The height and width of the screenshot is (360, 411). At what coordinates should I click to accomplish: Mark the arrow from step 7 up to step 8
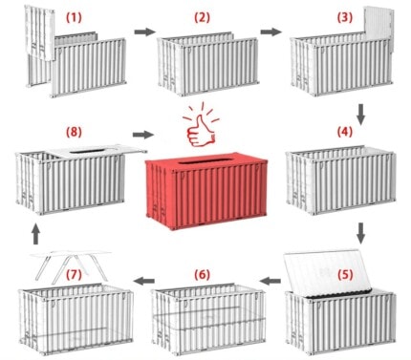[35, 232]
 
